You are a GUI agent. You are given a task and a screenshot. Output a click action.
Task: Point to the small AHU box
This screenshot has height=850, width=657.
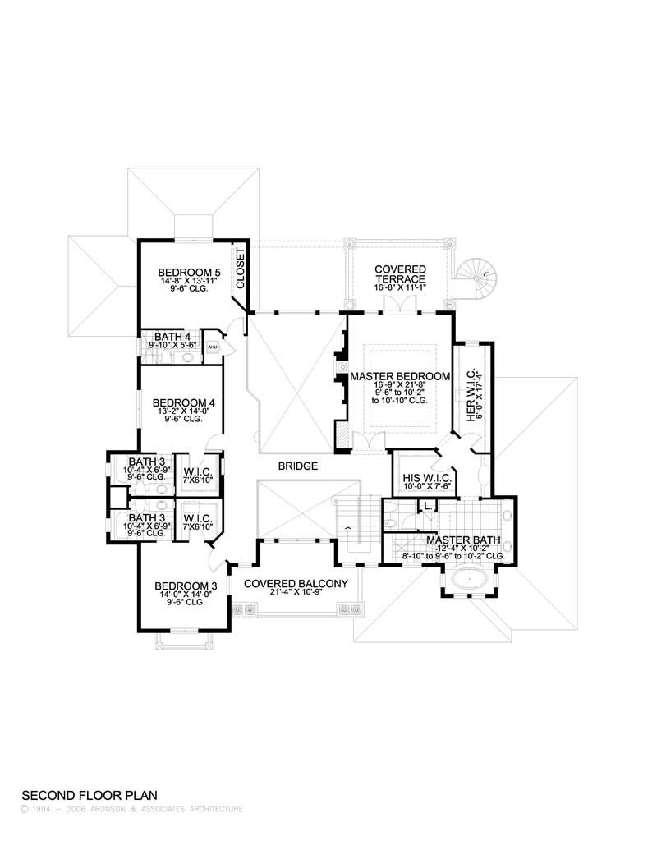211,347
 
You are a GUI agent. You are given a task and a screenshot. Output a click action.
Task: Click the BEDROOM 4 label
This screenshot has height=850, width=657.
184,402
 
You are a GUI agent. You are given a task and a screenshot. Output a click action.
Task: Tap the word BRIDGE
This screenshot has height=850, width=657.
297,466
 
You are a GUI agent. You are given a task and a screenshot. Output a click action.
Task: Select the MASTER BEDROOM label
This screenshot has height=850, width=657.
400,376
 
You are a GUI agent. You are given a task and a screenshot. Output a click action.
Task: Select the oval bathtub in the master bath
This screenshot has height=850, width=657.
469,581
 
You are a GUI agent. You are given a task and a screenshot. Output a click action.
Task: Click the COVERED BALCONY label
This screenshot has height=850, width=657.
296,583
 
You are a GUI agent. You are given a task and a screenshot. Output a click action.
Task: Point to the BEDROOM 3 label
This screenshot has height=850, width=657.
186,586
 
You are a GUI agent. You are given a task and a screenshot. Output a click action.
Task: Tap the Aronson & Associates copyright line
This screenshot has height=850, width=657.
131,809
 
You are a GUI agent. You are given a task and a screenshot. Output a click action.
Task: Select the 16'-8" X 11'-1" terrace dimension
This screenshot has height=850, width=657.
400,289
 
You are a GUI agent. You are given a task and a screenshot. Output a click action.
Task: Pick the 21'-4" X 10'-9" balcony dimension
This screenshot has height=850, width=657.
296,594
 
